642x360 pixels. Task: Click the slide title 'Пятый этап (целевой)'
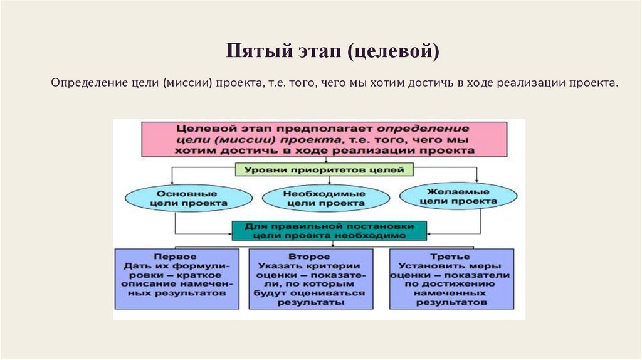click(x=332, y=51)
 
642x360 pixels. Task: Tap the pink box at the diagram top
click(x=324, y=139)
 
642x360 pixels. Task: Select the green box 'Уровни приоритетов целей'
click(x=324, y=169)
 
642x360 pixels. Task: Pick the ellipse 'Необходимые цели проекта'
click(x=324, y=198)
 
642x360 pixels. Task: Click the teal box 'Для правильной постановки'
click(x=329, y=230)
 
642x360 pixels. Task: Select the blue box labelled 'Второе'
click(x=310, y=278)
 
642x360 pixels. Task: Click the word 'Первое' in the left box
click(x=174, y=257)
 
